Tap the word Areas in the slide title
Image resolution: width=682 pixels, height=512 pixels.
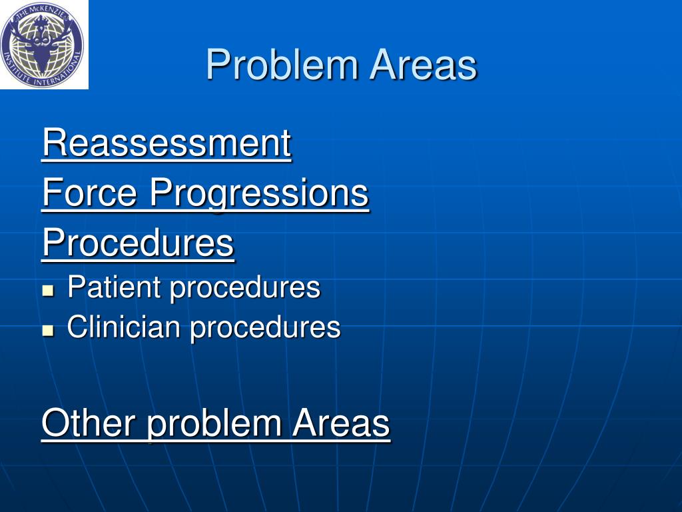point(424,66)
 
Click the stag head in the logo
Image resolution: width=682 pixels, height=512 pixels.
point(43,50)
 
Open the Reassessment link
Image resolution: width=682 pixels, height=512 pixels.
point(167,143)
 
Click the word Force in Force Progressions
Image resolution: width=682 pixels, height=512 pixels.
point(89,193)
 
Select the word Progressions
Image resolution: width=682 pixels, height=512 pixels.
point(259,193)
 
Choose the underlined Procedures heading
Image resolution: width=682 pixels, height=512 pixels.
point(138,243)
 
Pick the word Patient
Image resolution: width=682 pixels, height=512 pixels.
point(114,288)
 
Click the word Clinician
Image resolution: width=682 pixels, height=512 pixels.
point(123,327)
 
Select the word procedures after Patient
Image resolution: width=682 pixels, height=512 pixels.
point(244,288)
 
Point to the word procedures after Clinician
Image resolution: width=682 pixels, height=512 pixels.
point(265,327)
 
